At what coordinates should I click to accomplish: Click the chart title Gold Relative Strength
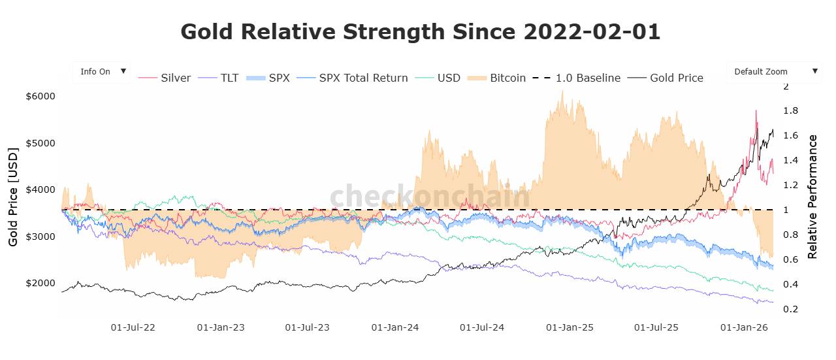pyautogui.click(x=420, y=31)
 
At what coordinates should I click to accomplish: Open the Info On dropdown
pyautogui.click(x=102, y=72)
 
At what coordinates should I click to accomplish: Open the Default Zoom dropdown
pyautogui.click(x=774, y=72)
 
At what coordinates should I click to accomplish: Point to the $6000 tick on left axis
pyautogui.click(x=40, y=96)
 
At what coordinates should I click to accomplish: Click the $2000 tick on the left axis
pyautogui.click(x=40, y=283)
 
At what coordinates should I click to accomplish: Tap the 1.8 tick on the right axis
pyautogui.click(x=790, y=111)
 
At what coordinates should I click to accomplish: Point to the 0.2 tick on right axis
pyautogui.click(x=790, y=309)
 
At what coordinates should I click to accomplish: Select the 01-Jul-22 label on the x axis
pyautogui.click(x=133, y=327)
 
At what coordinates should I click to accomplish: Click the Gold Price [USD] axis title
pyautogui.click(x=13, y=197)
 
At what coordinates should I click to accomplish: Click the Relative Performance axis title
pyautogui.click(x=813, y=197)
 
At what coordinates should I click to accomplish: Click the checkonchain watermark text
pyautogui.click(x=430, y=197)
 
